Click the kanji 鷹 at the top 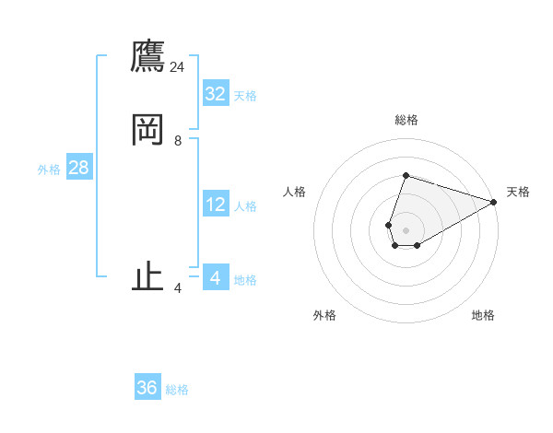point(147,57)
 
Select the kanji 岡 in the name point(147,131)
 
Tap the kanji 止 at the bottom point(147,277)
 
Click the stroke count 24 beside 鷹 point(178,67)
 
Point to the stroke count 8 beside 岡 point(178,141)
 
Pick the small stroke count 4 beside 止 point(178,288)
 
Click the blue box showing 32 point(216,94)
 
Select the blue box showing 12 point(216,205)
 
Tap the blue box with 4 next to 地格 point(216,278)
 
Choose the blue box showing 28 point(78,168)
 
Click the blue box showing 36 point(147,388)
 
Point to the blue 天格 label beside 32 point(245,96)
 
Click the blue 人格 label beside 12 point(245,206)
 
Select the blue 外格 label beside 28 point(49,170)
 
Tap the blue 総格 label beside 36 point(177,390)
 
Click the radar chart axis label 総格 point(406,120)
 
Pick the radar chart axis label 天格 point(518,192)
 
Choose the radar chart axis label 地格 point(483,316)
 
